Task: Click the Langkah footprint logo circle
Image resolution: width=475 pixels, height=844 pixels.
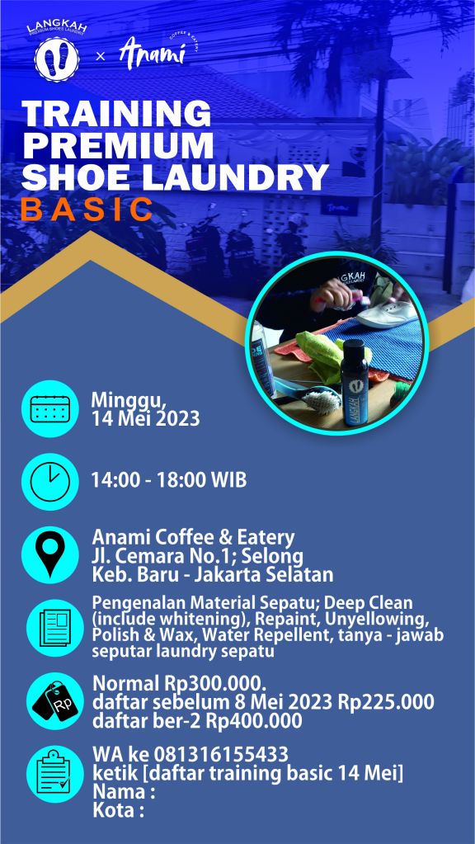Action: (x=56, y=59)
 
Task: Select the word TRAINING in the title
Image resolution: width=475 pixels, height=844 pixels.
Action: (x=117, y=113)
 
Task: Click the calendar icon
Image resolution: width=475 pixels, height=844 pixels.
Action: (x=50, y=408)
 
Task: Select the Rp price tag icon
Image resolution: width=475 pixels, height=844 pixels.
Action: (x=55, y=700)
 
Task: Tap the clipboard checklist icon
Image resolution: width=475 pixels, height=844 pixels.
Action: (x=55, y=774)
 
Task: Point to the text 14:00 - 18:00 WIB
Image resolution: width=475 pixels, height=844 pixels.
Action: (x=169, y=479)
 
